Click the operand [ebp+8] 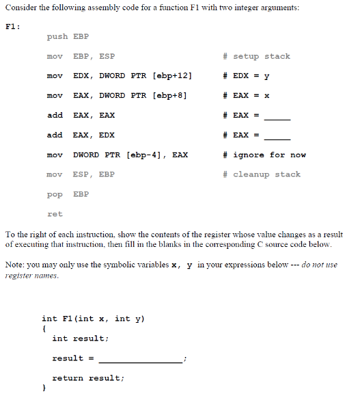tap(164, 95)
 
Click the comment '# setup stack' tap(256, 56)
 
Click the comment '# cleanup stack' tap(261, 174)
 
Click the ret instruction tap(55, 214)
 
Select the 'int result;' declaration tap(80, 338)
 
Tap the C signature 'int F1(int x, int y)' tap(94, 318)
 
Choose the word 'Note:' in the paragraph tap(14, 265)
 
